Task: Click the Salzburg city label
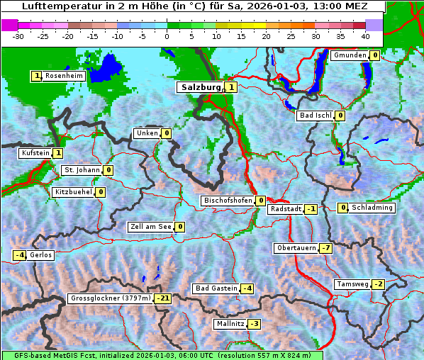click(201, 87)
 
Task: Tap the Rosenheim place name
click(64, 76)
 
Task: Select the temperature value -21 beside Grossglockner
click(163, 298)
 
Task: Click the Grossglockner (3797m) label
click(111, 298)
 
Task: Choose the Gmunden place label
click(350, 55)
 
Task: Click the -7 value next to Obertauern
click(325, 248)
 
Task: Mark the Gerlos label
click(41, 255)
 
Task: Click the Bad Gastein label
click(216, 288)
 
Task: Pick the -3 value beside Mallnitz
click(255, 324)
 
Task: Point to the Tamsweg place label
click(352, 284)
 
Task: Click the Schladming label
click(372, 208)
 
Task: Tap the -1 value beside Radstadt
click(311, 209)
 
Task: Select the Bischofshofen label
click(228, 201)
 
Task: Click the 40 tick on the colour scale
click(365, 35)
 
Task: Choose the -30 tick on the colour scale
click(18, 35)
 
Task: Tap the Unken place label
click(147, 133)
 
